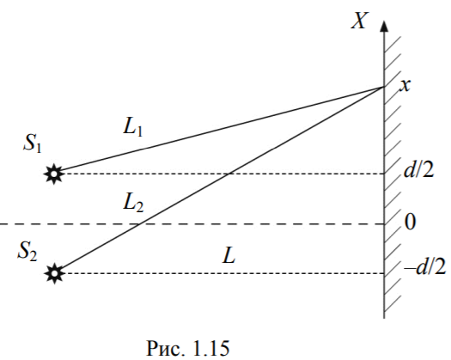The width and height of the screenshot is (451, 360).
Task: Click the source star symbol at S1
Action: (54, 174)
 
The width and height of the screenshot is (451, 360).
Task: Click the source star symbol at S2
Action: (54, 273)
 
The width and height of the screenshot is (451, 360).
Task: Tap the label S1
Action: (33, 143)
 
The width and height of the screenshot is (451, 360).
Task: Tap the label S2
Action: (27, 251)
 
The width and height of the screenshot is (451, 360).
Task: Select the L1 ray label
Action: (132, 126)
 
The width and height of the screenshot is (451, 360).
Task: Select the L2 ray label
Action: (133, 202)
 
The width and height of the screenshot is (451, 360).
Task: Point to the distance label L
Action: (229, 255)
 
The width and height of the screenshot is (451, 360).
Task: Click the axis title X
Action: (360, 21)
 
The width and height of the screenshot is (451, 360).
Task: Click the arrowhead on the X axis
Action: (384, 26)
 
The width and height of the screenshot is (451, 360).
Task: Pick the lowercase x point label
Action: (405, 85)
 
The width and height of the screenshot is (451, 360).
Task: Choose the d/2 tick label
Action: (418, 170)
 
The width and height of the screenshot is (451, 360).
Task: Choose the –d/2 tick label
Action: (425, 267)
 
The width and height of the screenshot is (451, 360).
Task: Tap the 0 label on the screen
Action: (410, 222)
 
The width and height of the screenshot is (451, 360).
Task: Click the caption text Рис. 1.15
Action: (188, 348)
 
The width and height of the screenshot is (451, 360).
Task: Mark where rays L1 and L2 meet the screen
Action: (384, 86)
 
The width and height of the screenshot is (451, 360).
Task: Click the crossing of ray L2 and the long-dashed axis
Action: (140, 223)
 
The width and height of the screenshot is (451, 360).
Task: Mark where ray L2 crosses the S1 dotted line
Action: (229, 174)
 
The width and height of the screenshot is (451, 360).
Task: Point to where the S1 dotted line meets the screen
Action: (384, 174)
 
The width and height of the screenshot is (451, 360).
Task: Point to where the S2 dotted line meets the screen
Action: (384, 273)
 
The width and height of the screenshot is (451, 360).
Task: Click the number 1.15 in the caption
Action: (210, 348)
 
